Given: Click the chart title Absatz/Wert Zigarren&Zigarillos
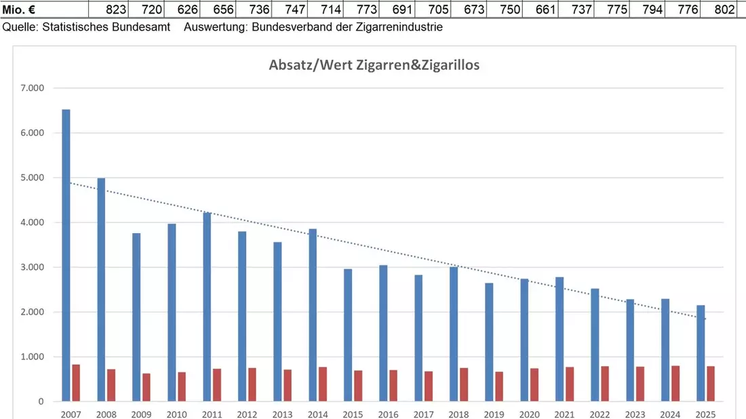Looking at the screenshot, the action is pyautogui.click(x=374, y=64).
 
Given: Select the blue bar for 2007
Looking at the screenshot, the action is pyautogui.click(x=66, y=256).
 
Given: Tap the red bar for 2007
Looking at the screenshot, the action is pyautogui.click(x=76, y=383).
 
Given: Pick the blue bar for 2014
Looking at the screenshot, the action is pyautogui.click(x=313, y=315).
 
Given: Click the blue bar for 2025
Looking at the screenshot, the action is pyautogui.click(x=701, y=353).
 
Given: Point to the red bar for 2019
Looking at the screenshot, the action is pyautogui.click(x=499, y=386).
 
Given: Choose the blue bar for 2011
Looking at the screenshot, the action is pyautogui.click(x=207, y=307).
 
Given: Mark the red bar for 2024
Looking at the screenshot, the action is pyautogui.click(x=675, y=384).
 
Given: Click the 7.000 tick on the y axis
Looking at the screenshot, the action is pyautogui.click(x=33, y=88).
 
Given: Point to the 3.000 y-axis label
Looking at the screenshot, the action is pyautogui.click(x=33, y=267).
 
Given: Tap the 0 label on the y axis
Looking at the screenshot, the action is pyautogui.click(x=41, y=401).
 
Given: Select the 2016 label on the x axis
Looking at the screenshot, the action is pyautogui.click(x=388, y=414).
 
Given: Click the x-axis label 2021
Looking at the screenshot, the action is pyautogui.click(x=564, y=414).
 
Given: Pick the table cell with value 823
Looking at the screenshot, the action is pyautogui.click(x=108, y=9).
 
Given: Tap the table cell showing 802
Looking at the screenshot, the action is pyautogui.click(x=718, y=9).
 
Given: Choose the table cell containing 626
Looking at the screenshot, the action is pyautogui.click(x=182, y=9).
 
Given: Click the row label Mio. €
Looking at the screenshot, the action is pyautogui.click(x=18, y=9).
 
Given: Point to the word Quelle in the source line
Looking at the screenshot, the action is pyautogui.click(x=19, y=27).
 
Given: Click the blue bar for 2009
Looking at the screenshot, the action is pyautogui.click(x=136, y=317).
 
